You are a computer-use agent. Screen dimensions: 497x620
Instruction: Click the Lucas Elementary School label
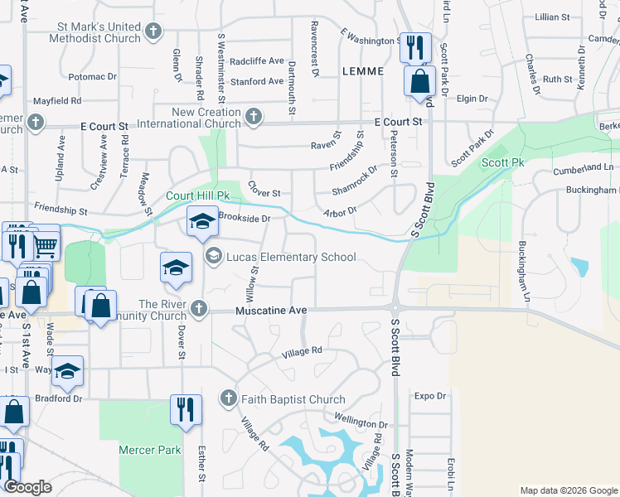291,257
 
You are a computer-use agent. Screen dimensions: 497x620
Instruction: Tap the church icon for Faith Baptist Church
228,399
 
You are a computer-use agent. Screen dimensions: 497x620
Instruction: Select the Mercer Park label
150,451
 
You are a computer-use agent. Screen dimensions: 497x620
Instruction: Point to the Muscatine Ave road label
272,310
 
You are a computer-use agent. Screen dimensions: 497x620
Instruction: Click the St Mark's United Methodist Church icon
153,32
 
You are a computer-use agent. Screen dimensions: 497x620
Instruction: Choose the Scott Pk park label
504,163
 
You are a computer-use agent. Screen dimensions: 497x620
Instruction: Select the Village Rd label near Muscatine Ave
301,351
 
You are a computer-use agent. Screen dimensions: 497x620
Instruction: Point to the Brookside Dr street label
245,218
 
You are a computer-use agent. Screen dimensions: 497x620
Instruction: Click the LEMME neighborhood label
363,72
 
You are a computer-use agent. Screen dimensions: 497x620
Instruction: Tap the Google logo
27,487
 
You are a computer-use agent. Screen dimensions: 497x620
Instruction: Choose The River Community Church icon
197,309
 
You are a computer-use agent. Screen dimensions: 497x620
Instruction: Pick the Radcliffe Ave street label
257,61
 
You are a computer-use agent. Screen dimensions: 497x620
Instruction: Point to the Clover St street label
264,193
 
